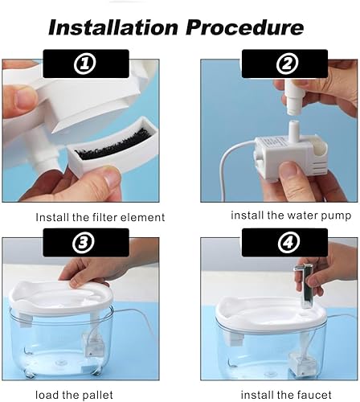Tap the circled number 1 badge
tap(84, 63)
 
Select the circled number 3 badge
tap(84, 241)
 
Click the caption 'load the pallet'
tap(80, 396)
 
